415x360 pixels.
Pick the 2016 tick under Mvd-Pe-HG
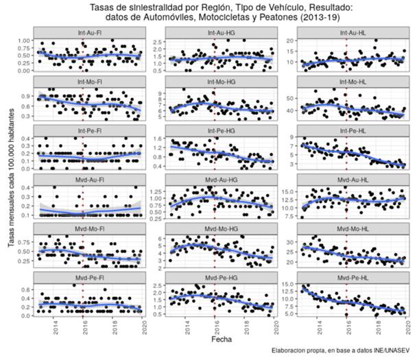(x=215, y=325)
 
